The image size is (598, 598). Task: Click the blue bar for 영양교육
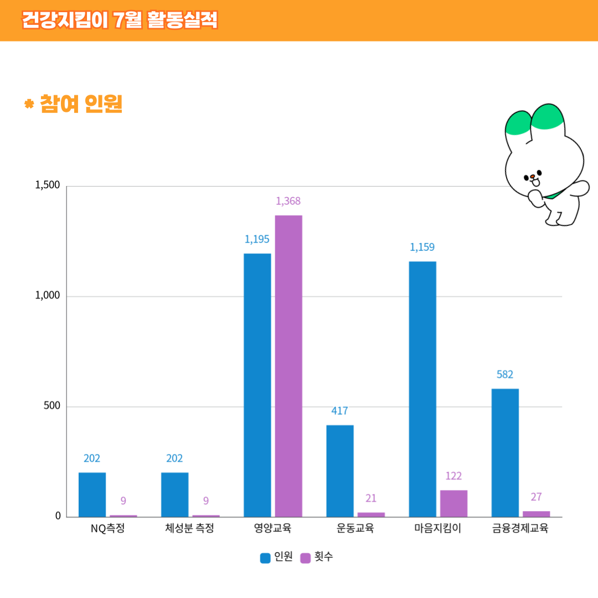coord(257,385)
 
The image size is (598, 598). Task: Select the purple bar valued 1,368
coord(288,366)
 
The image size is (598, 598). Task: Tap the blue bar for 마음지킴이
coord(422,389)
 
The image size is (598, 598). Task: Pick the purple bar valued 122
coord(453,503)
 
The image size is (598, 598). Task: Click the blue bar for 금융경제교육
coord(505,453)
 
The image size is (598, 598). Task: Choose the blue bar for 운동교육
coord(340,471)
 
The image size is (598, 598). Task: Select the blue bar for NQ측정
coord(92,494)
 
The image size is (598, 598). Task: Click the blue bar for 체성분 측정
coord(174,494)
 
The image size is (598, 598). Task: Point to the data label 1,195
coord(257,239)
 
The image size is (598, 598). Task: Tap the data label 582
coord(505,374)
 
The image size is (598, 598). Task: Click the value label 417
coord(339,411)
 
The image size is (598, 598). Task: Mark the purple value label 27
coord(536,497)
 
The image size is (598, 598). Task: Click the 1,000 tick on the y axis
coord(47,296)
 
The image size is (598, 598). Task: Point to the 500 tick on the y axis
coord(51,406)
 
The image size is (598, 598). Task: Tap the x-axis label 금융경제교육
coord(520,528)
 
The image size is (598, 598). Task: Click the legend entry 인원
coord(276,557)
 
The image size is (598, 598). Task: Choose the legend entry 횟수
coord(317,557)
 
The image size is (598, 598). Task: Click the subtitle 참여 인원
coord(80,104)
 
